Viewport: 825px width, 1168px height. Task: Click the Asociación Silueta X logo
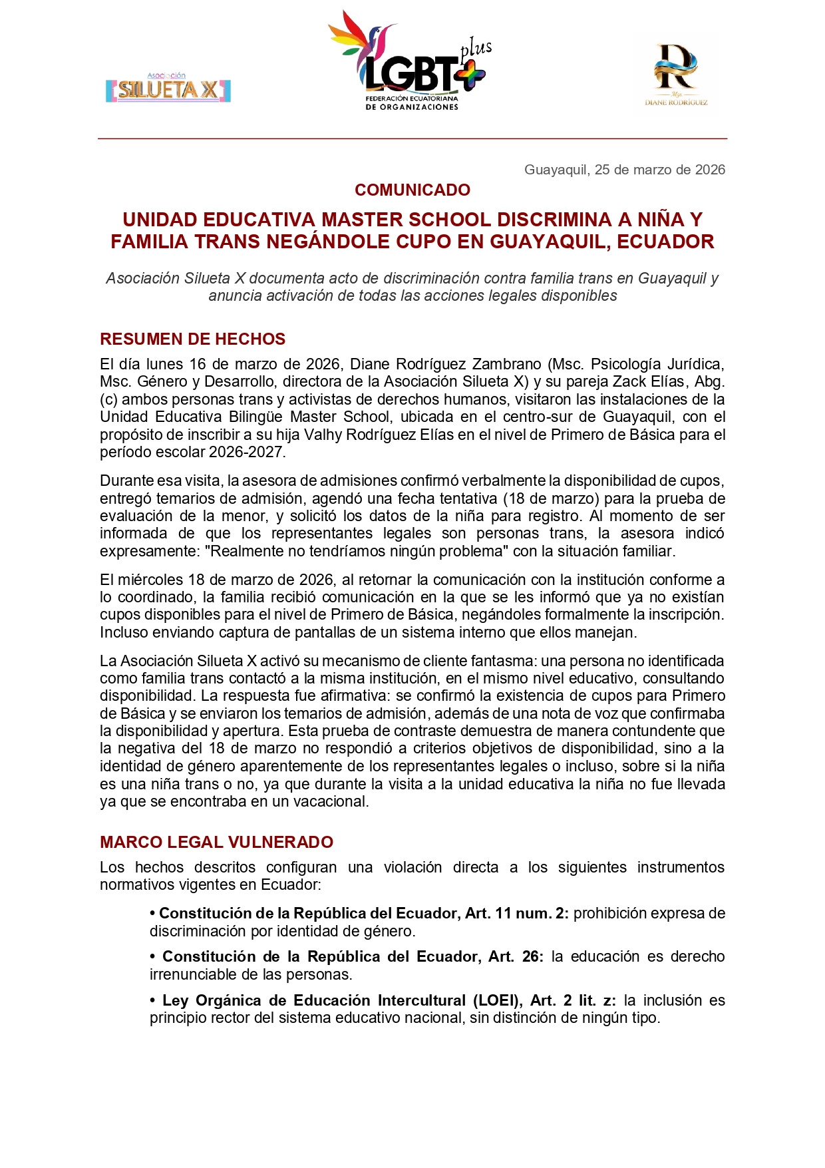pyautogui.click(x=168, y=89)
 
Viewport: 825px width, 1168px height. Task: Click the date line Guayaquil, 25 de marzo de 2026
pyautogui.click(x=624, y=170)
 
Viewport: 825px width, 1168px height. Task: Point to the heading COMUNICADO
pyautogui.click(x=412, y=190)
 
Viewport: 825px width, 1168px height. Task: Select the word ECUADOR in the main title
pyautogui.click(x=665, y=242)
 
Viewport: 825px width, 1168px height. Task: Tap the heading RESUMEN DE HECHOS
pyautogui.click(x=192, y=339)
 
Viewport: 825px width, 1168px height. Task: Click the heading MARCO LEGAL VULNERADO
pyautogui.click(x=216, y=843)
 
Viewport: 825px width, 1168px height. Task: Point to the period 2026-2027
pyautogui.click(x=246, y=452)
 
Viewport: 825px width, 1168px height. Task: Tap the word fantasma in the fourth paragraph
pyautogui.click(x=506, y=661)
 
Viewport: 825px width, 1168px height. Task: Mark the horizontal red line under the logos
pyautogui.click(x=412, y=138)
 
